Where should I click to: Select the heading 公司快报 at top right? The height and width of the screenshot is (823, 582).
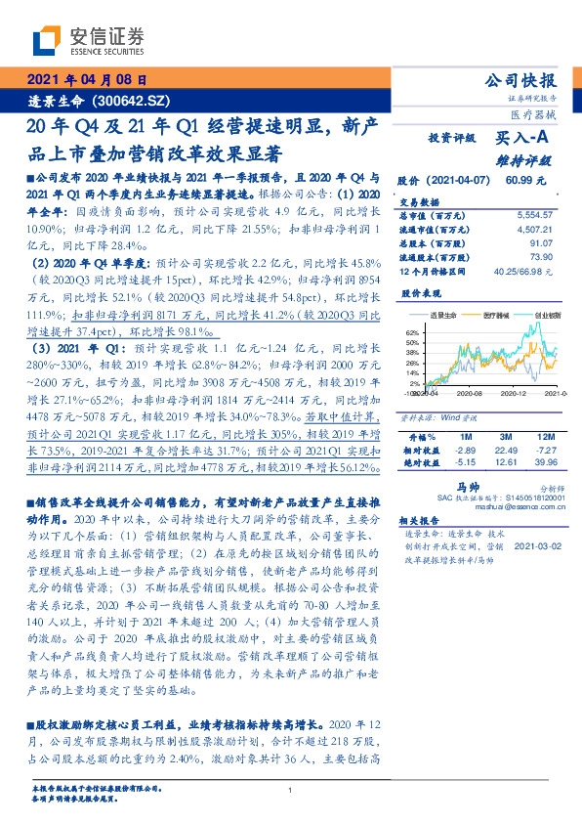[x=526, y=81]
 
